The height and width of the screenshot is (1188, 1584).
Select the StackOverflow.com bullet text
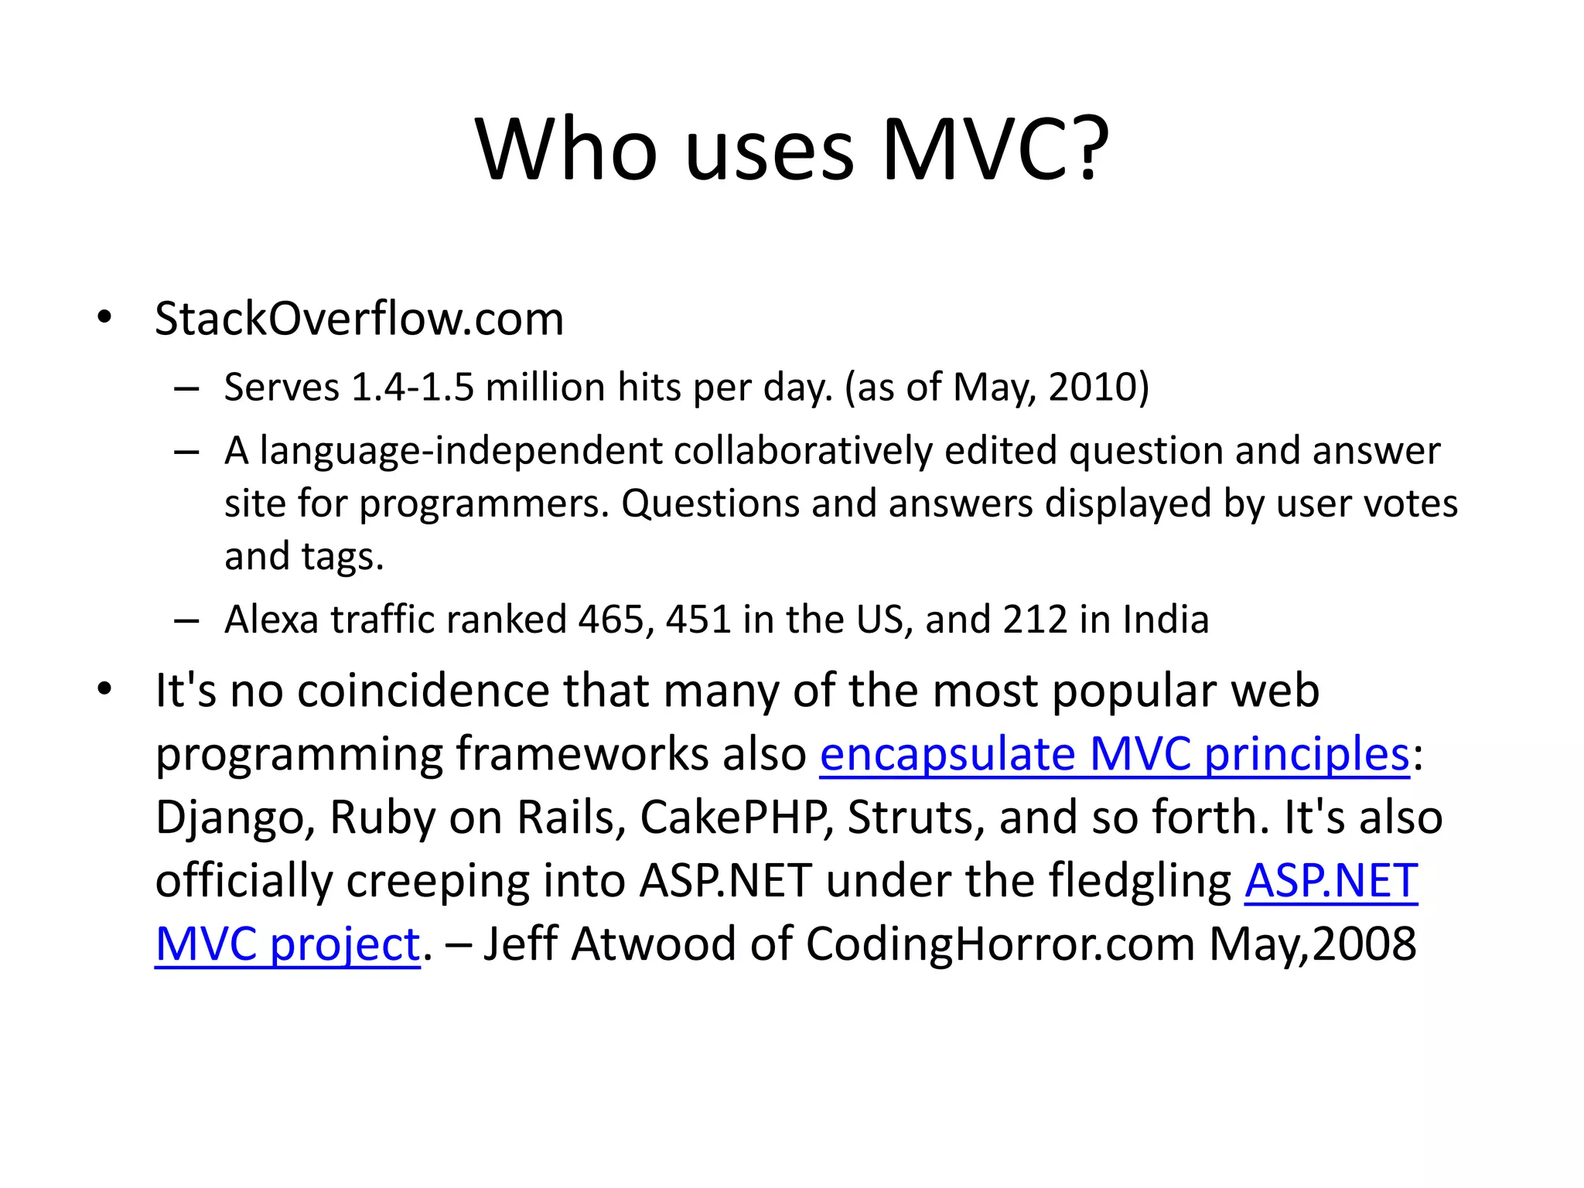point(360,319)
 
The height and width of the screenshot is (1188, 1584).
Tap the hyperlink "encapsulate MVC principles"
point(1115,754)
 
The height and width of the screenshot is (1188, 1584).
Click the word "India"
point(1166,620)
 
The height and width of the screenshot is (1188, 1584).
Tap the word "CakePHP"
point(737,818)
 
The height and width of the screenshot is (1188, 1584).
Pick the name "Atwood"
point(654,944)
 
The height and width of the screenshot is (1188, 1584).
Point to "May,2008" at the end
point(1313,944)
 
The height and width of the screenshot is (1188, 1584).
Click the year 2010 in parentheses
point(1092,387)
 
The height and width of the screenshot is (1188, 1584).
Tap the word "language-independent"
point(461,451)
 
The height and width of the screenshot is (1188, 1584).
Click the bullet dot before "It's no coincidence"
point(105,688)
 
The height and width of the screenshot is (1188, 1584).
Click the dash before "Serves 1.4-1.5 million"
point(187,387)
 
